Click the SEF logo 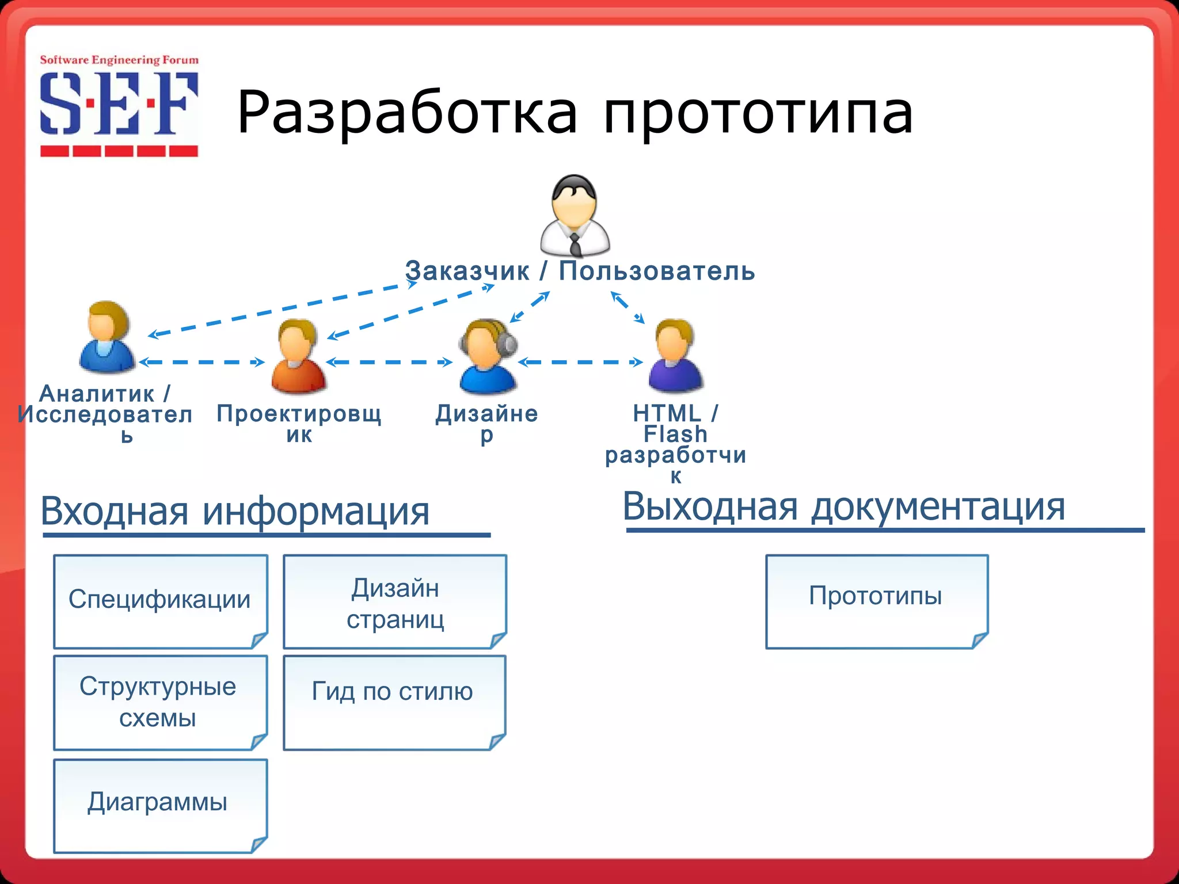click(119, 106)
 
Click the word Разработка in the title click(406, 113)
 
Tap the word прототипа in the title click(758, 113)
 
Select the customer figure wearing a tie click(575, 216)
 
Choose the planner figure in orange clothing click(298, 357)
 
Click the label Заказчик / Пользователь click(580, 271)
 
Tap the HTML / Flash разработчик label click(675, 444)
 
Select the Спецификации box click(160, 601)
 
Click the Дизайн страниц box click(395, 602)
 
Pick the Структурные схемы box click(160, 702)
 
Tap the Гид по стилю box click(394, 702)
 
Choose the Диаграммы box click(160, 805)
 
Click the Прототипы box click(876, 601)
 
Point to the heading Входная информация click(235, 511)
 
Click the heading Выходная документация click(844, 507)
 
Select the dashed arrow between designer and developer click(580, 362)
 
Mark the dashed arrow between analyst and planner click(201, 362)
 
